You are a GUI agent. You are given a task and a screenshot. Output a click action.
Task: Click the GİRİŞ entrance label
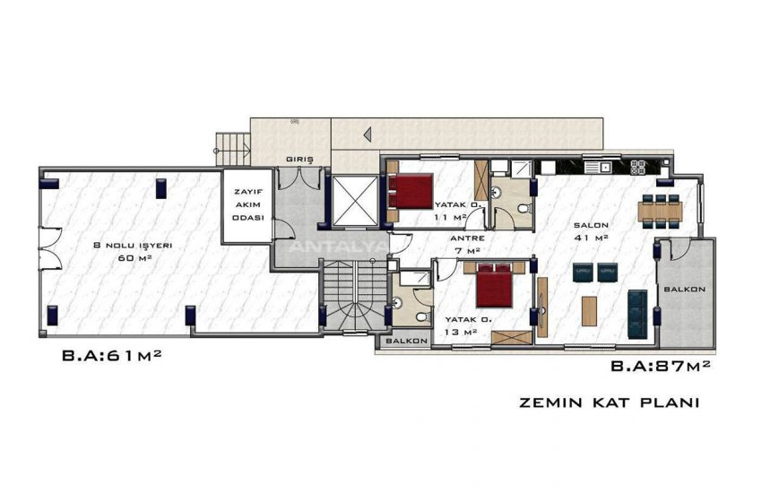tap(299, 160)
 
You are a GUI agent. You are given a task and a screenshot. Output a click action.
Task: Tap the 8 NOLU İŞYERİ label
tap(132, 250)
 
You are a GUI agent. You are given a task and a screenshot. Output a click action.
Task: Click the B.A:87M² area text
tap(661, 366)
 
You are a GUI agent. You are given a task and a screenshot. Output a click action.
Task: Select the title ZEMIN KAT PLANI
tap(609, 402)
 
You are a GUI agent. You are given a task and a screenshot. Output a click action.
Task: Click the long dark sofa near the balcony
tap(637, 310)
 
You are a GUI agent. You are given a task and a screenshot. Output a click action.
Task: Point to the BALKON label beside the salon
tap(685, 290)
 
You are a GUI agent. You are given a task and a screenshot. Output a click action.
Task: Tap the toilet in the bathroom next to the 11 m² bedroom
tap(523, 208)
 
